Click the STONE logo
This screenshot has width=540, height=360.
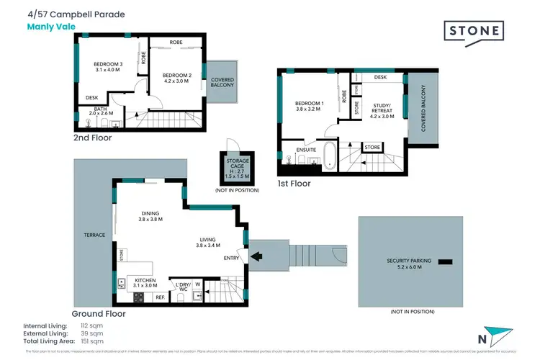coord(474,31)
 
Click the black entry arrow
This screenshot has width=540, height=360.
coord(256,255)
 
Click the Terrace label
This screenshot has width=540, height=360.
coord(94,235)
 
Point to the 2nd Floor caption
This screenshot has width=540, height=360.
coord(92,138)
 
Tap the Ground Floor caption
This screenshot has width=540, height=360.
coord(99,314)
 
